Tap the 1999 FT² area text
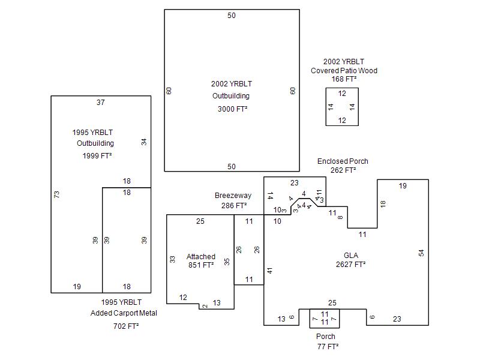(x=97, y=155)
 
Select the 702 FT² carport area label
(x=126, y=326)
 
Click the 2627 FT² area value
(x=351, y=264)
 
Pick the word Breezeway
(x=233, y=196)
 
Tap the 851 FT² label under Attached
(x=201, y=265)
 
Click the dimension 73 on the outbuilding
(x=57, y=194)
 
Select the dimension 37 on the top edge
(x=101, y=103)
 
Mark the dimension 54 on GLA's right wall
(x=421, y=253)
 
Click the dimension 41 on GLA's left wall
(x=270, y=271)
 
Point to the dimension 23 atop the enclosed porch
(x=295, y=183)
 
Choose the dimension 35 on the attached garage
(x=227, y=261)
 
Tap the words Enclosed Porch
(x=343, y=161)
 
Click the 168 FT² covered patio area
(x=344, y=79)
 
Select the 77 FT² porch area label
(x=328, y=346)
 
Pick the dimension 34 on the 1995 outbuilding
(x=144, y=142)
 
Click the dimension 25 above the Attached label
(x=200, y=221)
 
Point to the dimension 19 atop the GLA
(x=403, y=186)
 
